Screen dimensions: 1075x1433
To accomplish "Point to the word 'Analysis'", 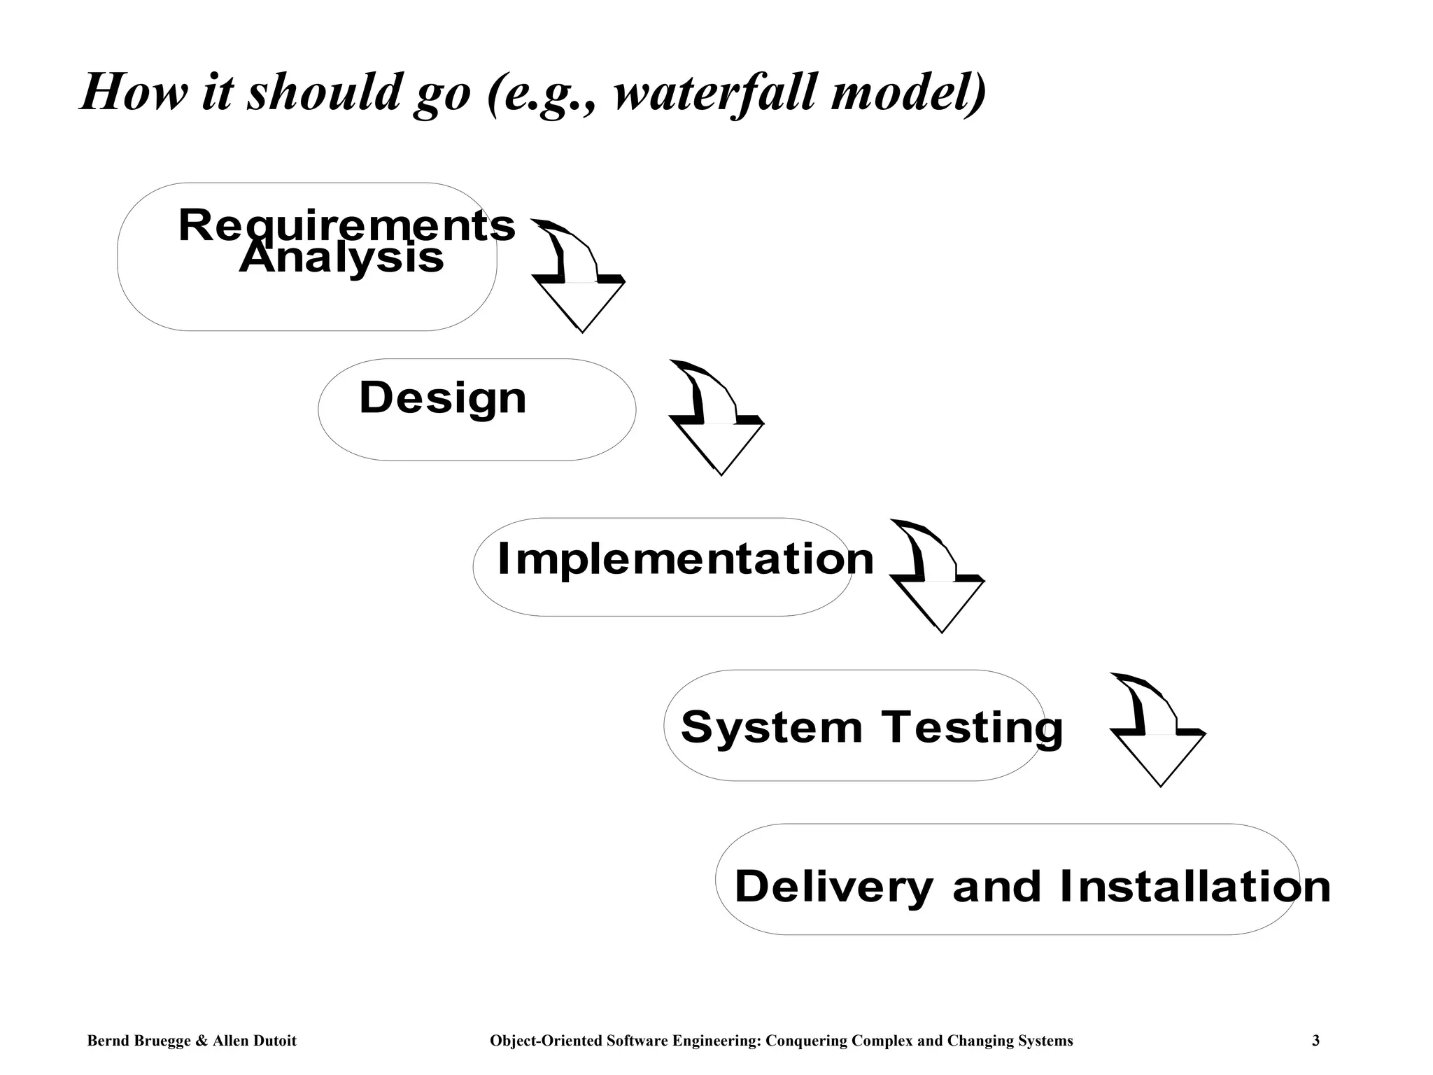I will [341, 258].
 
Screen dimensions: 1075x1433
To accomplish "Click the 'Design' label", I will [442, 398].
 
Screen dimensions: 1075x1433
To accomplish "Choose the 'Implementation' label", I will [685, 559].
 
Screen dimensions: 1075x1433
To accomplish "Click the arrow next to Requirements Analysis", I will [578, 276].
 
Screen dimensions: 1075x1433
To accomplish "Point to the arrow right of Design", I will [716, 418].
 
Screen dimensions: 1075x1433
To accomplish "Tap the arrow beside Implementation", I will [938, 576].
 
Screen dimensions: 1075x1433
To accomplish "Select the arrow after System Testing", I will [1158, 729].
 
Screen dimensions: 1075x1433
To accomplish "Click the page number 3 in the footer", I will [1315, 1041].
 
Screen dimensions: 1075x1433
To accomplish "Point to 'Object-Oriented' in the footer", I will [546, 1041].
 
